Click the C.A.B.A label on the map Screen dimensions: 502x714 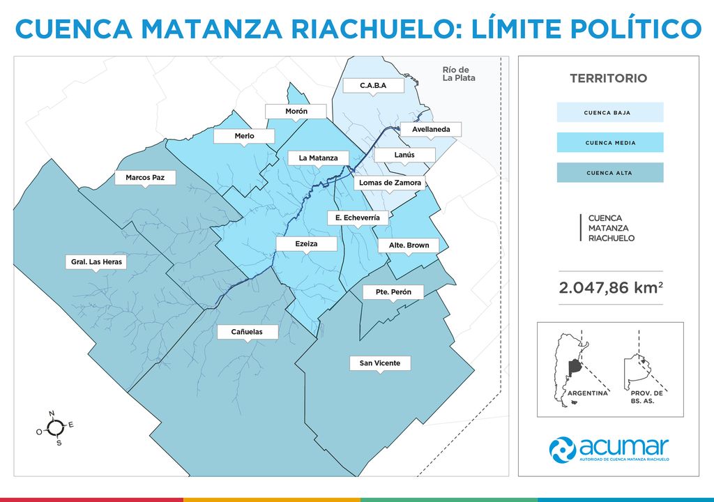click(373, 86)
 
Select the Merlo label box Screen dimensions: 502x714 click(245, 136)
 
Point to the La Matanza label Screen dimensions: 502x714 click(318, 158)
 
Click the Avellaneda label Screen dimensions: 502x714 click(430, 130)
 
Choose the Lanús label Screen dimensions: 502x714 click(404, 155)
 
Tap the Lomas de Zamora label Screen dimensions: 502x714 click(390, 183)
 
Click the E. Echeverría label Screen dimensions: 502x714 click(357, 218)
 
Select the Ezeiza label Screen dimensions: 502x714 click(307, 244)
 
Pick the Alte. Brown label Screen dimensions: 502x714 click(409, 245)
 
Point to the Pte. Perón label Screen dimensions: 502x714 click(393, 292)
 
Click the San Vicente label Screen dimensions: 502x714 click(380, 363)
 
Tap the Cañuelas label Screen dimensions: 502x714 click(247, 332)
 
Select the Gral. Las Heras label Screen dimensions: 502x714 click(97, 263)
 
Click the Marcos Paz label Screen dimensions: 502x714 click(145, 178)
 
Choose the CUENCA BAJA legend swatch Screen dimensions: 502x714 click(609, 112)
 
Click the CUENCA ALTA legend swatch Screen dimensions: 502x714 click(609, 173)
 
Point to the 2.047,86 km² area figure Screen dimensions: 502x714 click(610, 288)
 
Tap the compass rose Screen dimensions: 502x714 click(54, 428)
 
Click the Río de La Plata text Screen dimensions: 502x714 click(459, 74)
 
